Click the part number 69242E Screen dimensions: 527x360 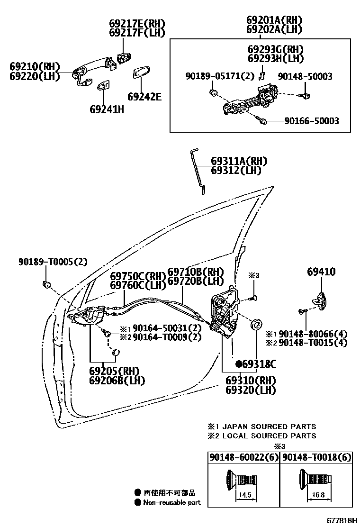pyautogui.click(x=144, y=97)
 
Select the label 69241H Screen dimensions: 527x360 pyautogui.click(x=107, y=109)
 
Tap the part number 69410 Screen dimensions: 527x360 pyautogui.click(x=321, y=272)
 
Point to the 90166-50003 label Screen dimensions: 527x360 pyautogui.click(x=312, y=121)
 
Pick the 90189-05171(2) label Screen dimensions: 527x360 pyautogui.click(x=219, y=76)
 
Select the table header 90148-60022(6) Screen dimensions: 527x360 pyautogui.click(x=243, y=457)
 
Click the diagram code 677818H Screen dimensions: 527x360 pyautogui.click(x=341, y=520)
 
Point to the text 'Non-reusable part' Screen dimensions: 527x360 pyautogui.click(x=172, y=502)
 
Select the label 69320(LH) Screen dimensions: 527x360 pyautogui.click(x=251, y=390)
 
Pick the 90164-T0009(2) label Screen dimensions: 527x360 pyautogui.click(x=167, y=337)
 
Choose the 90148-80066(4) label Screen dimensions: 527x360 pyautogui.click(x=313, y=334)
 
